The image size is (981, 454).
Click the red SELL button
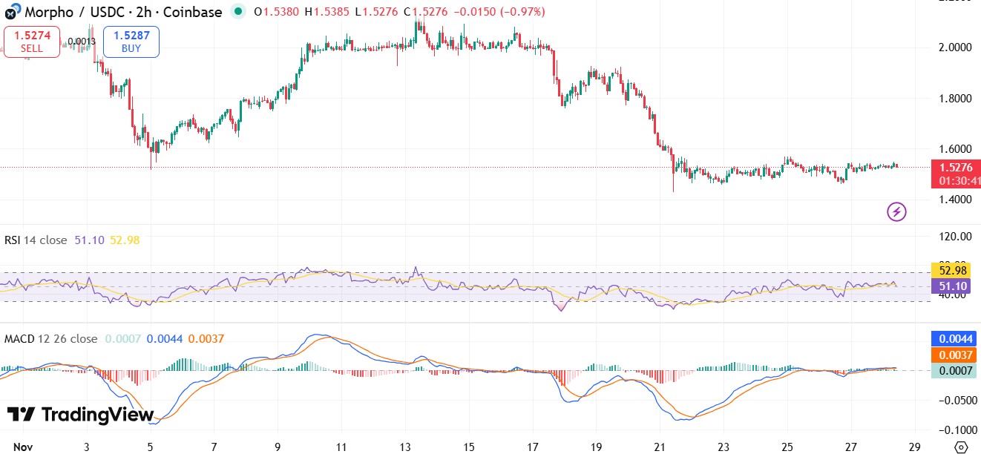coord(32,42)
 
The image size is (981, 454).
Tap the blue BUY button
coord(131,42)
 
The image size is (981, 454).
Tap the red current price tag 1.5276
coord(955,168)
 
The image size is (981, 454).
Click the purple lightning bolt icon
coord(896,212)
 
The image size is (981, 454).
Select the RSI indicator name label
coord(35,240)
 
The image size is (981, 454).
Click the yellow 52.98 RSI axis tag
coord(954,269)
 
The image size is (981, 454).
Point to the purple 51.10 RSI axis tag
coord(954,286)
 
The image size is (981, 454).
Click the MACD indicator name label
coord(50,338)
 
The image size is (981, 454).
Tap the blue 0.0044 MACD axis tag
coord(955,339)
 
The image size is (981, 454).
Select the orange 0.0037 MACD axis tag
coord(955,355)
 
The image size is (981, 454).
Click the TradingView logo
coord(80,415)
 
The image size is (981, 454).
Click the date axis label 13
coord(404,447)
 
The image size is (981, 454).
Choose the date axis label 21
coord(659,447)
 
